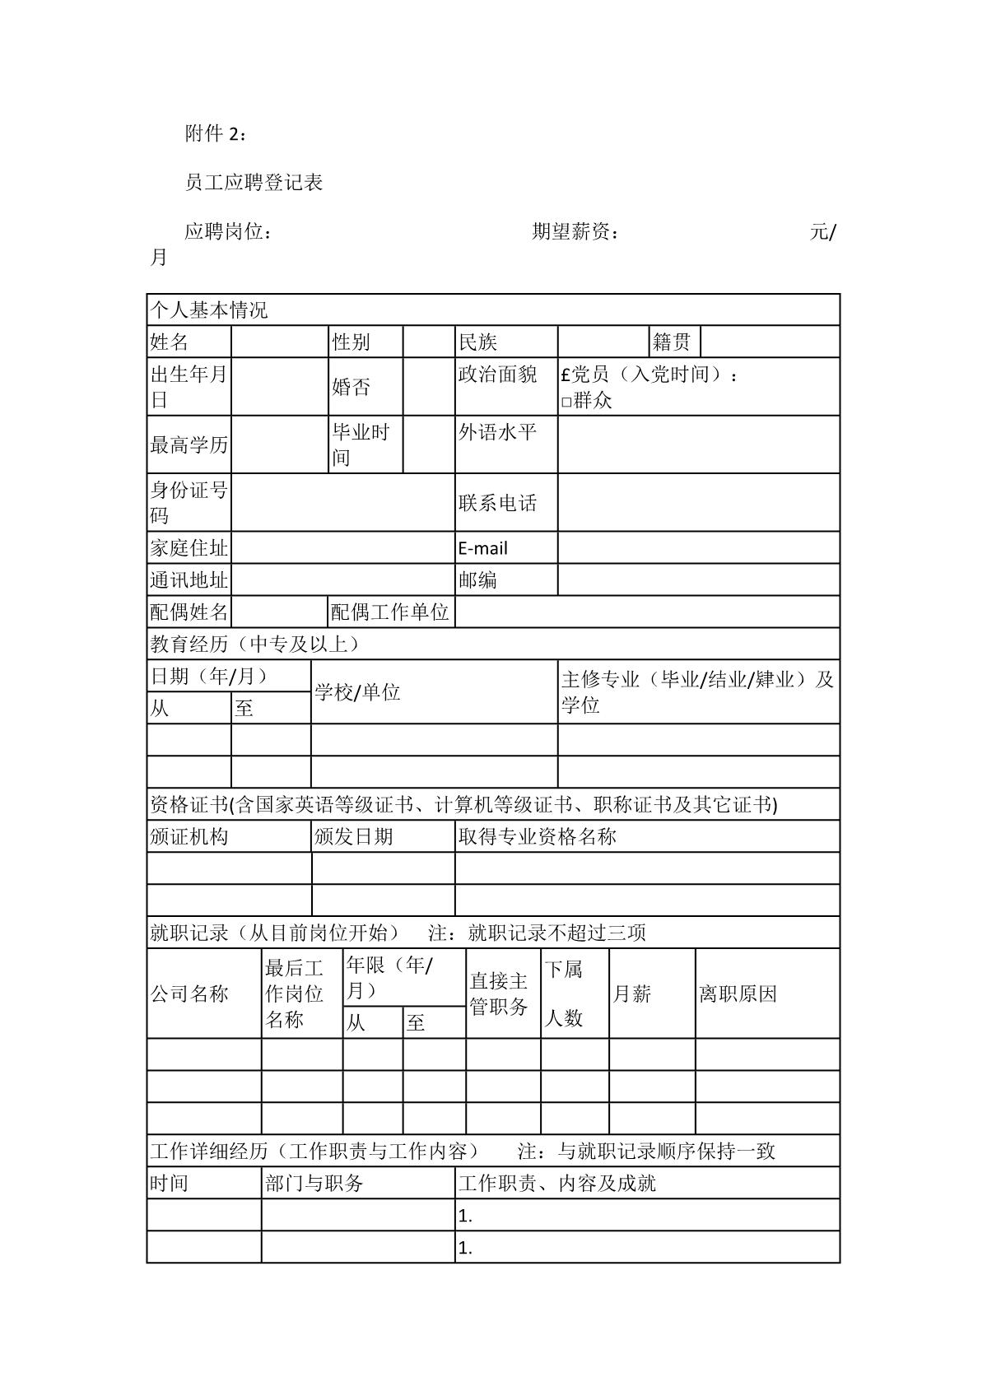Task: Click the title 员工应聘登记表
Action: pos(254,183)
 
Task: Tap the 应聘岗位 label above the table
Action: pos(227,232)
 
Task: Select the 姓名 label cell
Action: pos(170,342)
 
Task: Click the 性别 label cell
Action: pos(352,342)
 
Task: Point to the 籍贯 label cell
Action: pos(672,342)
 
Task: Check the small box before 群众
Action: pos(566,402)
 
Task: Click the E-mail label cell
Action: pos(483,548)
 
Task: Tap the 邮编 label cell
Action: pos(478,580)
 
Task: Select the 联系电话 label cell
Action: pos(498,503)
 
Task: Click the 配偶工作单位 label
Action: pos(390,612)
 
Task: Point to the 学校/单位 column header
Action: pos(358,692)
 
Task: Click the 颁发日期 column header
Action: pos(354,837)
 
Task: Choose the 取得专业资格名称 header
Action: pos(538,837)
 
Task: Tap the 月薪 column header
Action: pos(632,994)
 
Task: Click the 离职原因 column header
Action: pos(738,994)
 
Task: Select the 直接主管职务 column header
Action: pos(499,993)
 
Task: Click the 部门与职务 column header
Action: pos(314,1184)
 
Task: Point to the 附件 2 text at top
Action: pos(215,133)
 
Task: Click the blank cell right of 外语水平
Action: pos(698,444)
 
